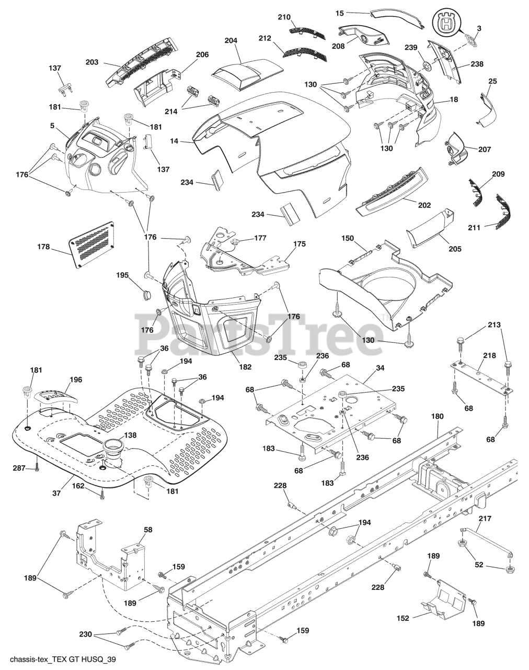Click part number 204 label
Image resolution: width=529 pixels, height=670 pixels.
pos(231,40)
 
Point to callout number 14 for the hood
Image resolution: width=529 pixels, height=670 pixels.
pos(174,141)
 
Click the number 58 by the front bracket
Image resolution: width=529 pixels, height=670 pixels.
pos(148,530)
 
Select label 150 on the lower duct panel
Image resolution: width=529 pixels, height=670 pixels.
pos(348,238)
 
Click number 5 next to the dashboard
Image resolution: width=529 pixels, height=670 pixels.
pos(52,126)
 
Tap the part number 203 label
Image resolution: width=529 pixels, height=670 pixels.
pos(92,62)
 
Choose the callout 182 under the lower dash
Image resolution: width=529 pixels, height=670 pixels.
pos(245,367)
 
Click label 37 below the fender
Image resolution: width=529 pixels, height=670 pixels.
pos(56,493)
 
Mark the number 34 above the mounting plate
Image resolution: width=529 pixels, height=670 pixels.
pos(380,368)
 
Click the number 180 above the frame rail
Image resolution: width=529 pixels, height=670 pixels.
pos(438,416)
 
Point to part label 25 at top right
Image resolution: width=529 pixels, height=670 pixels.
pos(492,81)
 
